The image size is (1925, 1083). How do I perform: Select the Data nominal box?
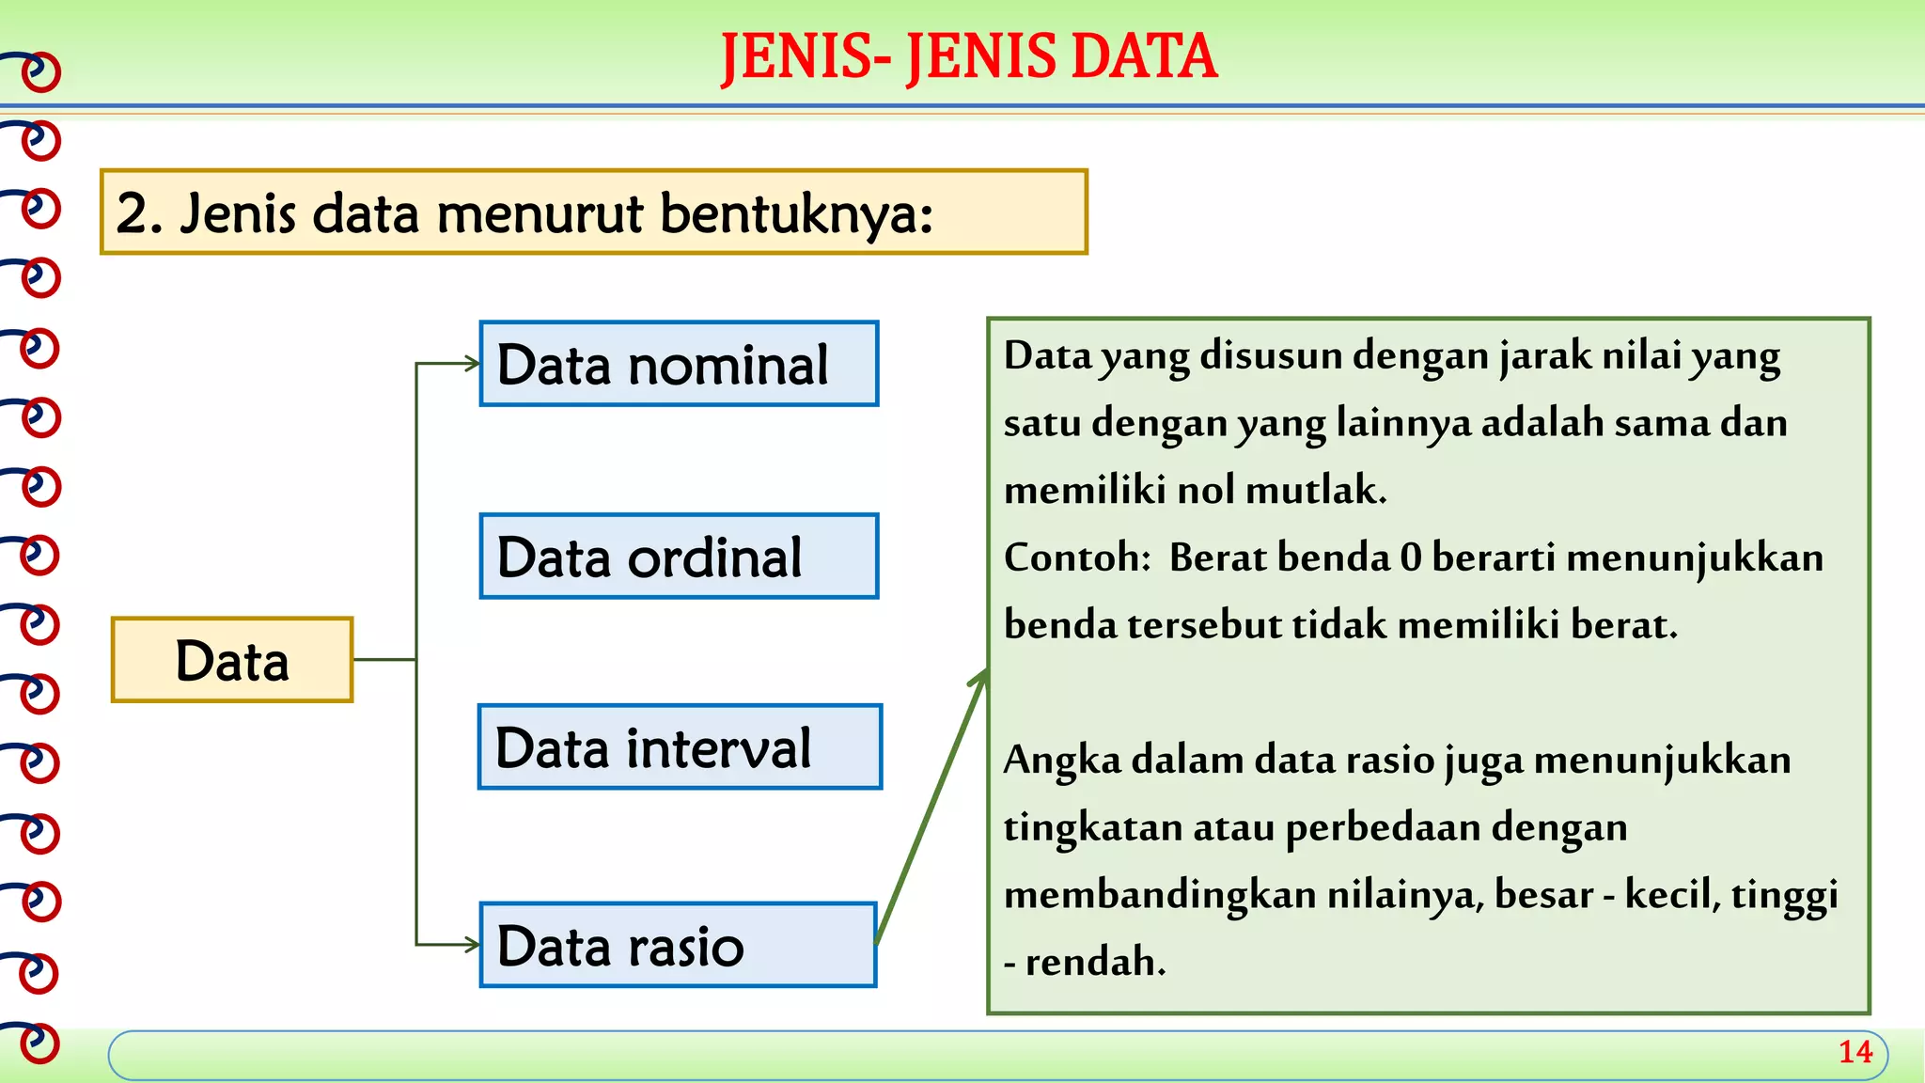pyautogui.click(x=679, y=364)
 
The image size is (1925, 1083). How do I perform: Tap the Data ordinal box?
pyautogui.click(x=679, y=557)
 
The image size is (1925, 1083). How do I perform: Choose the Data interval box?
pyautogui.click(x=679, y=747)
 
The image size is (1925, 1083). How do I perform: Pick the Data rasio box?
pyautogui.click(x=679, y=945)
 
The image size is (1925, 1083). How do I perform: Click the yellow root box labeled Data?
pyautogui.click(x=232, y=660)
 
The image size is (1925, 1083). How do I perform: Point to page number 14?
pyautogui.click(x=1855, y=1052)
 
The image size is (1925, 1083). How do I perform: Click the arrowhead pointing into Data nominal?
pyautogui.click(x=472, y=364)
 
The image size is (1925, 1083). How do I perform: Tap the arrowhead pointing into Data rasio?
pyautogui.click(x=472, y=945)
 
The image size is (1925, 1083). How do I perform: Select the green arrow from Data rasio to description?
pyautogui.click(x=931, y=808)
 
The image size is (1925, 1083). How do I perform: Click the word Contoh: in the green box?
pyautogui.click(x=1077, y=558)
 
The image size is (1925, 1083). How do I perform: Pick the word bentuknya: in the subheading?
pyautogui.click(x=796, y=214)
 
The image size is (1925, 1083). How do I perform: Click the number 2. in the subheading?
pyautogui.click(x=140, y=214)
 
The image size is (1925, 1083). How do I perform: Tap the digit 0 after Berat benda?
pyautogui.click(x=1410, y=558)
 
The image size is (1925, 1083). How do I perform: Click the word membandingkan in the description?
pyautogui.click(x=1160, y=895)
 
